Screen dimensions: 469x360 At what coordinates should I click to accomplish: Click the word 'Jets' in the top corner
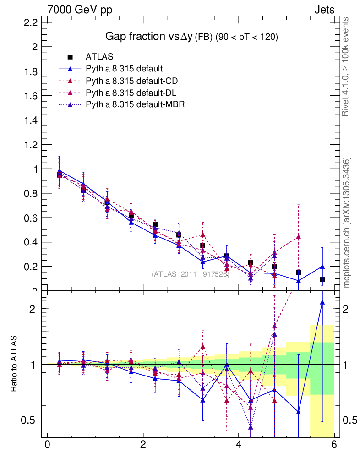(x=324, y=10)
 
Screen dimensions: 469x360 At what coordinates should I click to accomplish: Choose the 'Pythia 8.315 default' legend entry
(x=124, y=69)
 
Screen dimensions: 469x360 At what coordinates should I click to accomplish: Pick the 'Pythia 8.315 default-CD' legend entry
(x=131, y=81)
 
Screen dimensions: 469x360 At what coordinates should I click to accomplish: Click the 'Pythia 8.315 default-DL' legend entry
(x=131, y=93)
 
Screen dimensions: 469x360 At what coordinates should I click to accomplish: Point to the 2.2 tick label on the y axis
(x=31, y=22)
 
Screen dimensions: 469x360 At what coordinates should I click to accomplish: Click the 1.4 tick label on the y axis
(x=31, y=120)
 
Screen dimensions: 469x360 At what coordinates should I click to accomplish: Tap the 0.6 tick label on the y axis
(x=31, y=218)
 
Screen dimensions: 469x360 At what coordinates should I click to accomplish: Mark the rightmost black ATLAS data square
(x=322, y=279)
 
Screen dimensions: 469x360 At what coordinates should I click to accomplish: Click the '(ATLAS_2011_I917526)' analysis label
(x=190, y=274)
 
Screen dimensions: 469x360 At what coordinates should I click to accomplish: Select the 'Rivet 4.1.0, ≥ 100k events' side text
(x=347, y=66)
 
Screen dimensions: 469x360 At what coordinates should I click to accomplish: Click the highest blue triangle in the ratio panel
(x=322, y=302)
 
